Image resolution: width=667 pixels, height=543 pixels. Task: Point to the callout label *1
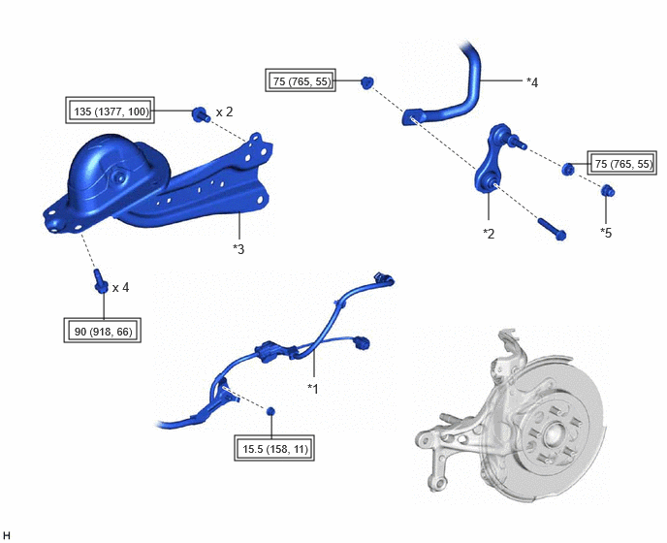coord(312,389)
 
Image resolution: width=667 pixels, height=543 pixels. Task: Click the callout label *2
coord(489,234)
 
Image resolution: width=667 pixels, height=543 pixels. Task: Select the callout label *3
coord(238,249)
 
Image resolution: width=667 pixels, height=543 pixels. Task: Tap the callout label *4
coord(532,82)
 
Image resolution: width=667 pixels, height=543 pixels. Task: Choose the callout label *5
coord(606,233)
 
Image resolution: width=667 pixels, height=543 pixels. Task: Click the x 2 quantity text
coord(225,112)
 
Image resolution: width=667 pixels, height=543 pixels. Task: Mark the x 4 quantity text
coord(121,288)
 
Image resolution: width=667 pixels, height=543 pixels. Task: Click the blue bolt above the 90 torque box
coord(101,281)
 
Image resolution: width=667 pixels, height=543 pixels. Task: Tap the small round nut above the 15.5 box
coord(270,411)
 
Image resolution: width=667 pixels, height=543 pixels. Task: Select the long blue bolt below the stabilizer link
coord(553,229)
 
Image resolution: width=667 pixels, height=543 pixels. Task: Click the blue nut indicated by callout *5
coord(608,191)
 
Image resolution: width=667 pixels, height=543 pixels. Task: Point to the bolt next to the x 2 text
coord(200,114)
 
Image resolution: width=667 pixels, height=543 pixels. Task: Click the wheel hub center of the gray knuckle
coord(553,435)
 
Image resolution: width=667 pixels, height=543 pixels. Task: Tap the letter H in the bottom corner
coord(7,535)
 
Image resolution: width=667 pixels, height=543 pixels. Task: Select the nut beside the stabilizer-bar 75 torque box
coord(367,82)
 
